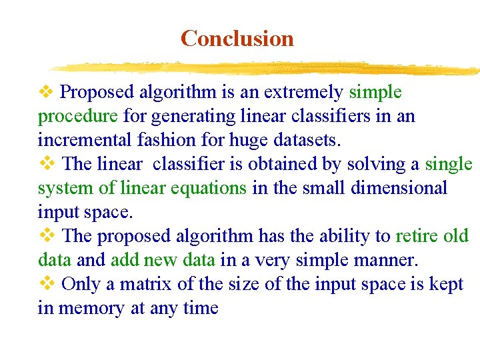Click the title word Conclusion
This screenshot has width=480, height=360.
[x=237, y=39]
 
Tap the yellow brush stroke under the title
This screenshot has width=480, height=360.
[x=267, y=67]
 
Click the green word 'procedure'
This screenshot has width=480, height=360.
[x=78, y=117]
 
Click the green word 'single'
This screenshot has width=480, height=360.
[x=449, y=164]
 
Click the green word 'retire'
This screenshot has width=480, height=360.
[x=417, y=236]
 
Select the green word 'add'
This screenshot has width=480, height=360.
[x=124, y=260]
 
